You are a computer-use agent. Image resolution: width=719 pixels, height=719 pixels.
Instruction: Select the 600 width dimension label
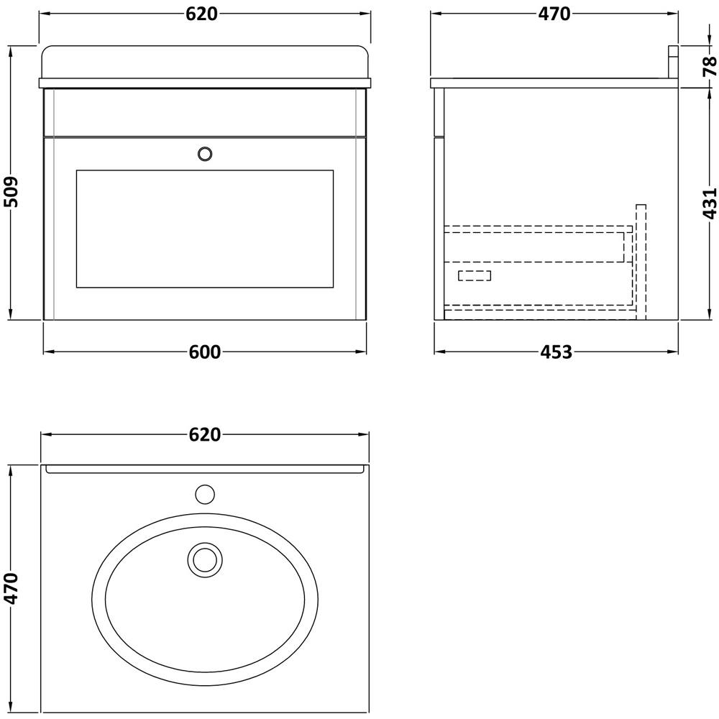(x=205, y=352)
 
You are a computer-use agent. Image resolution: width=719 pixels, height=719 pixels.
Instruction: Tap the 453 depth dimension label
(x=556, y=352)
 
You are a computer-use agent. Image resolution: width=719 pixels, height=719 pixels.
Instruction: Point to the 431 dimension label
(x=708, y=203)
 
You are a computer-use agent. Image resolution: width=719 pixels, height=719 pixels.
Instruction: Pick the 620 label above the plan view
(x=205, y=434)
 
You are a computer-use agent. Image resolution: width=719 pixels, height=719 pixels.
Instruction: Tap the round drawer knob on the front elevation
(x=205, y=153)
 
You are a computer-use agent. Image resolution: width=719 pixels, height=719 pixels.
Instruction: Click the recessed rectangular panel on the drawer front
(x=205, y=229)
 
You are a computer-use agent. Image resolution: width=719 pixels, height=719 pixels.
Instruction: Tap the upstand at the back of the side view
(x=673, y=62)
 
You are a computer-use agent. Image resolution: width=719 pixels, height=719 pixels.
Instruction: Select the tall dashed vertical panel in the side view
(x=641, y=261)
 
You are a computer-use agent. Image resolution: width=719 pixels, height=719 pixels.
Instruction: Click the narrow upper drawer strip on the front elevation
(x=205, y=112)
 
